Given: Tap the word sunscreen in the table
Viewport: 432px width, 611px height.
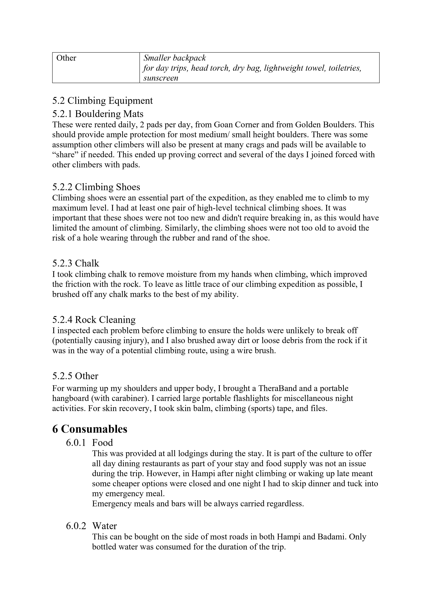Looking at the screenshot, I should click(x=161, y=78).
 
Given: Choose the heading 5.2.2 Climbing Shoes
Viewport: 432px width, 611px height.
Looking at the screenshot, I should click(x=96, y=187).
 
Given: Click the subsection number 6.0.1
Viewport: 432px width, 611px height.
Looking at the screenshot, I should click(x=76, y=443).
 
